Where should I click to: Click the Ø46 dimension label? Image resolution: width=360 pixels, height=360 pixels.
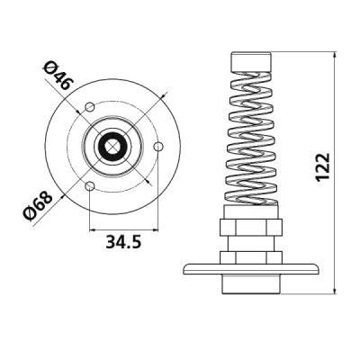[58, 75]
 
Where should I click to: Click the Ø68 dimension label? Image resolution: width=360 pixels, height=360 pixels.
[38, 206]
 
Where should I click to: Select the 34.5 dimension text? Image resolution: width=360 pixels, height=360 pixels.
[123, 242]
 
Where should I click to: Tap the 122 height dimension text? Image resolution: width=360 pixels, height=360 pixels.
[323, 167]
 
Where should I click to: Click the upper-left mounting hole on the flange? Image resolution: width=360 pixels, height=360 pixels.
[90, 106]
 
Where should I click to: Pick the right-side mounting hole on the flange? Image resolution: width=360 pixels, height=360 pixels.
[158, 147]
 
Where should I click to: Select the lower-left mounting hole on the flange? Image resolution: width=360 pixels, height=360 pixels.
[90, 186]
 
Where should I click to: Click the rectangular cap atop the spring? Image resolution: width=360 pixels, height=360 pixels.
[251, 62]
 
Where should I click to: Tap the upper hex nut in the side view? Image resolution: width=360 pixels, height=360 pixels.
[251, 227]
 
